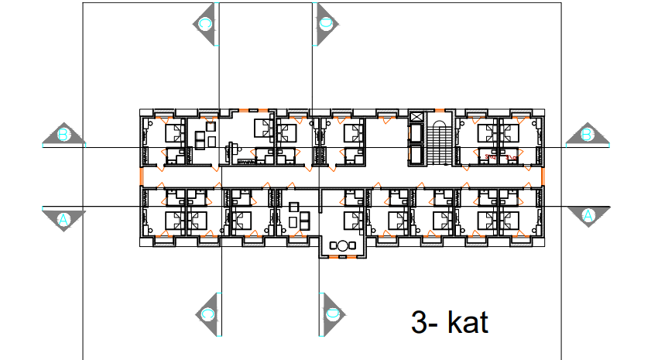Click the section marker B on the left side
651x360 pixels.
click(x=65, y=135)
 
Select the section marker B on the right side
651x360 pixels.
click(x=587, y=135)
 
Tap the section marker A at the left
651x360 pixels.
click(x=64, y=219)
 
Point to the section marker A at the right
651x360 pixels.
click(x=587, y=214)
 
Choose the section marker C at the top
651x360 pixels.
click(x=206, y=23)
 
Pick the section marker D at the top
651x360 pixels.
click(x=326, y=23)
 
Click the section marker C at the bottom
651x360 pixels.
click(x=207, y=314)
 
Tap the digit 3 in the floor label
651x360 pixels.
click(x=419, y=322)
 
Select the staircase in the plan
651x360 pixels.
click(x=439, y=142)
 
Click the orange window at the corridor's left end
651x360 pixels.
click(x=141, y=177)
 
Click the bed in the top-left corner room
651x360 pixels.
click(x=174, y=131)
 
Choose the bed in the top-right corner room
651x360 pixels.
click(x=511, y=131)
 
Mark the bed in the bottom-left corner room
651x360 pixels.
click(x=175, y=220)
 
